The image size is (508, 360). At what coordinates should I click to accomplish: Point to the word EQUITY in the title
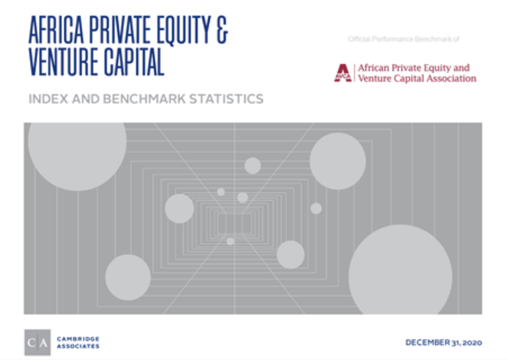[184, 30]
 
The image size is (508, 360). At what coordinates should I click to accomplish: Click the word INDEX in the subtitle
[48, 99]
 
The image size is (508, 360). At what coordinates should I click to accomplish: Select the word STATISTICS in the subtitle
[226, 99]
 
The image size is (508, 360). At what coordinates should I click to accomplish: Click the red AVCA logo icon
[343, 73]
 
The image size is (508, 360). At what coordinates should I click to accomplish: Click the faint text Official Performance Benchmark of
[404, 39]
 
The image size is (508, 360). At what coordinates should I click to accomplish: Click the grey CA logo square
[38, 343]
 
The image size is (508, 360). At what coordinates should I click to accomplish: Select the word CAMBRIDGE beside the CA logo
[78, 339]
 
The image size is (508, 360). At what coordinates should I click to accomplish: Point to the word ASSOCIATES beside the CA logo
[78, 346]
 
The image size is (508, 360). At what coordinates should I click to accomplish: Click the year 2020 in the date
[473, 343]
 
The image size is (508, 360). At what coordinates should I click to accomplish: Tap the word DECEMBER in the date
[428, 343]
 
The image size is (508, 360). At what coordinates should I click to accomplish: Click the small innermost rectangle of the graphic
[234, 224]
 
